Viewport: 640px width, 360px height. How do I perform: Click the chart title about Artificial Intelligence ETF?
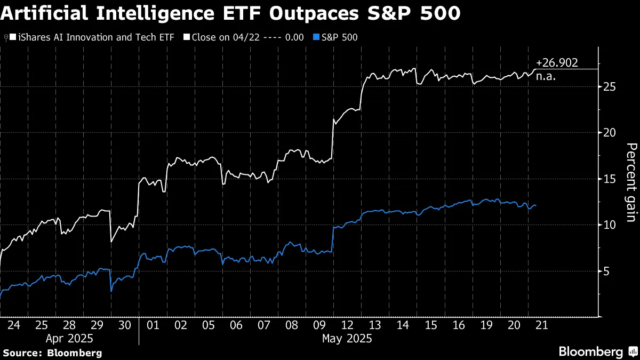pos(230,13)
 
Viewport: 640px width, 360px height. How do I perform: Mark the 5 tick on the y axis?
pos(606,271)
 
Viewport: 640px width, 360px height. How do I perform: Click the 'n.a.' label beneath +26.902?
pos(546,77)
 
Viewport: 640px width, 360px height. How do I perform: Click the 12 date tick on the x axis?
pos(347,324)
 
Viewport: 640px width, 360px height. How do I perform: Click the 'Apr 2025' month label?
pos(69,338)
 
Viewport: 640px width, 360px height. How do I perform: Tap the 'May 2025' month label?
pos(347,338)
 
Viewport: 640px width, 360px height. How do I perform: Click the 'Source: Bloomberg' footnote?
pos(52,353)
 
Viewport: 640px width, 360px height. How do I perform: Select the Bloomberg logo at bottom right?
pos(597,351)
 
